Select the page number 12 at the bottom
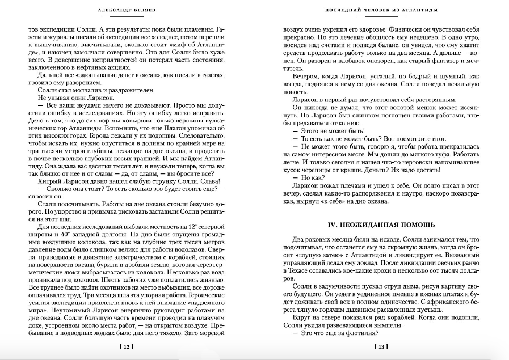pos(127,346)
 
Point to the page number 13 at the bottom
pos(382,346)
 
